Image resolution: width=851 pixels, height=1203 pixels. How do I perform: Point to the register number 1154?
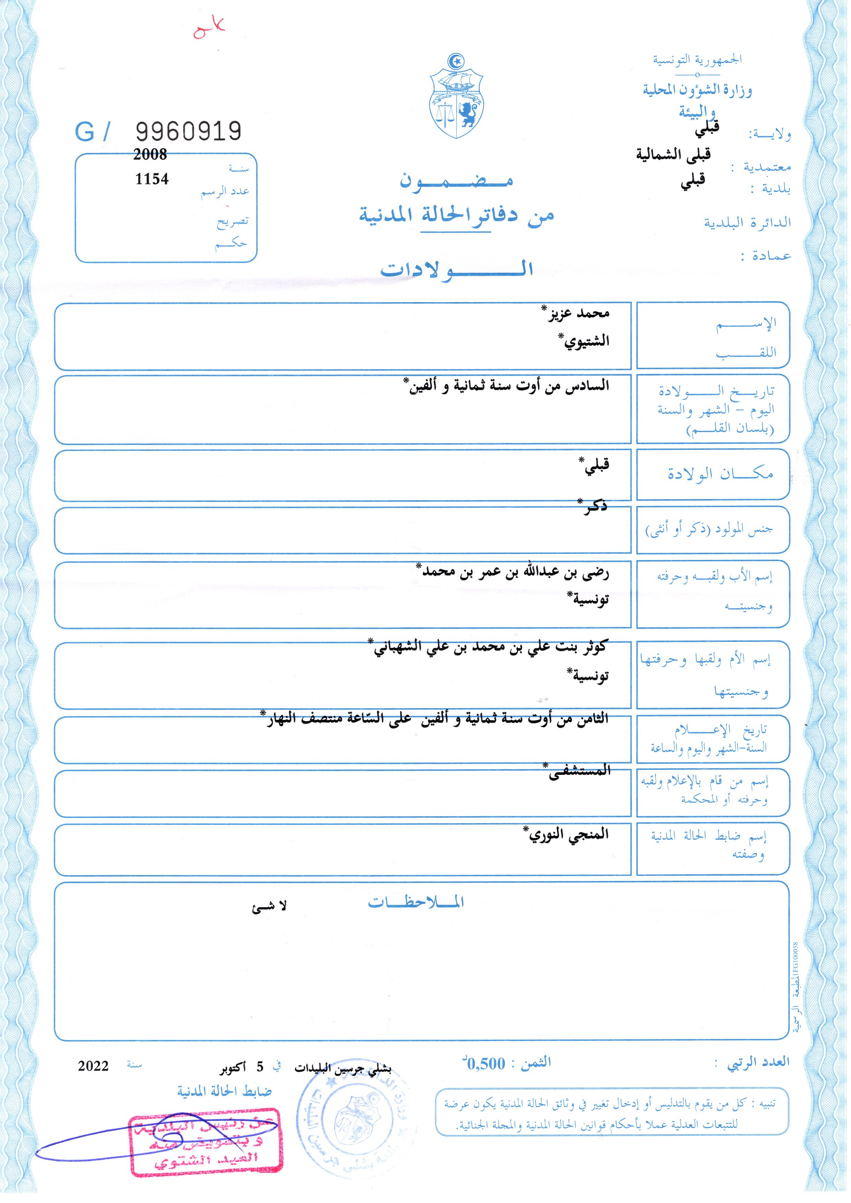tap(152, 179)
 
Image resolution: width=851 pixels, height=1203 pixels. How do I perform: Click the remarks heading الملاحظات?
tap(415, 902)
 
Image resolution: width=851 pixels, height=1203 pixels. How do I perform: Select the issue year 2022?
tap(93, 1066)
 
